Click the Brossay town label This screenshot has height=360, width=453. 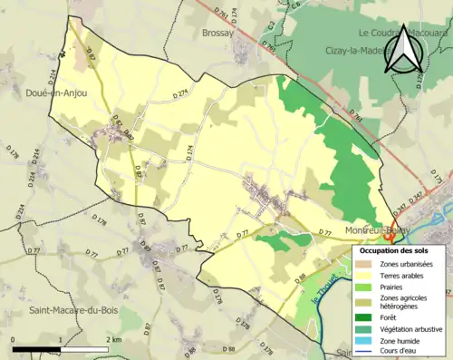[x=217, y=33]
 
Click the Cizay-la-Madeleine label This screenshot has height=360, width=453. [x=362, y=51]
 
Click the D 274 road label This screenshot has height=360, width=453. [x=185, y=93]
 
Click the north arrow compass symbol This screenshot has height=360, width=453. [x=400, y=49]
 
